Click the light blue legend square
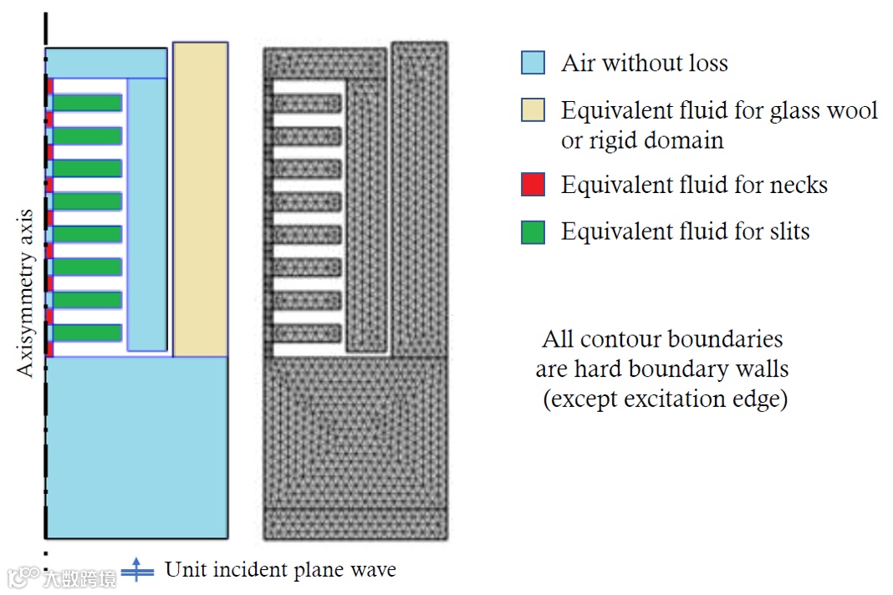(533, 63)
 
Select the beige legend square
(533, 110)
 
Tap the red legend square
(533, 184)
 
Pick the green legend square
(533, 231)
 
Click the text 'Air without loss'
(644, 63)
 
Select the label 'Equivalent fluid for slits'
(685, 231)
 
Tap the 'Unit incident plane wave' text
(280, 570)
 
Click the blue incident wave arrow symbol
(137, 571)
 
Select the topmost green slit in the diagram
(88, 103)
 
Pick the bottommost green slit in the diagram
(88, 333)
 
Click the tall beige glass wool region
(200, 199)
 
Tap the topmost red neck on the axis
(50, 87)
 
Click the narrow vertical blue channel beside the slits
(146, 214)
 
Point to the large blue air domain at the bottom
(135, 447)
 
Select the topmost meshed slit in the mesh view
(308, 104)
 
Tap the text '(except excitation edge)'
(665, 399)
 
